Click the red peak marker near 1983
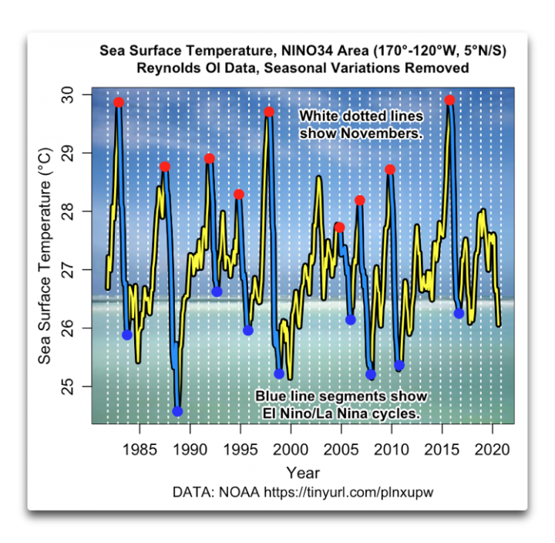click(119, 103)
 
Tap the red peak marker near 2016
click(450, 100)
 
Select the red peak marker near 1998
click(269, 112)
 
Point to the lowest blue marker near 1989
click(177, 411)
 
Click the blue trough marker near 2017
click(459, 313)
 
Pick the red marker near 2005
click(339, 227)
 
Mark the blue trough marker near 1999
click(279, 373)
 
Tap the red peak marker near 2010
click(390, 170)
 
